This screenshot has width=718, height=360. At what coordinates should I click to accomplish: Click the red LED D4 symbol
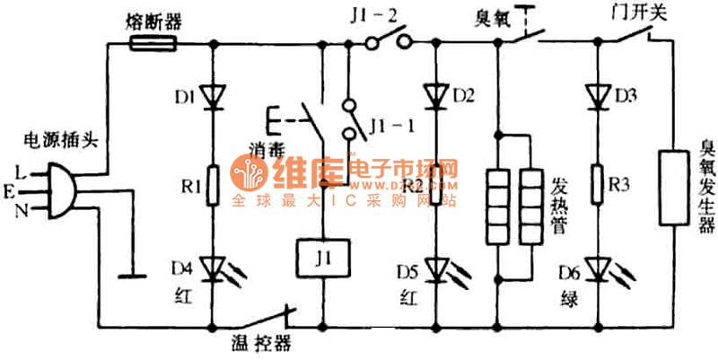click(214, 267)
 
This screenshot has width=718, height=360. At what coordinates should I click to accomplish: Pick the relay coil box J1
click(321, 259)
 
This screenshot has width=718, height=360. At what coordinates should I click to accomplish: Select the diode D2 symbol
click(437, 94)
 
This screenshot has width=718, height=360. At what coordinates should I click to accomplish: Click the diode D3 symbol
click(596, 94)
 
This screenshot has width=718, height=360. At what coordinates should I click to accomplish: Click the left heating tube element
click(500, 206)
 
